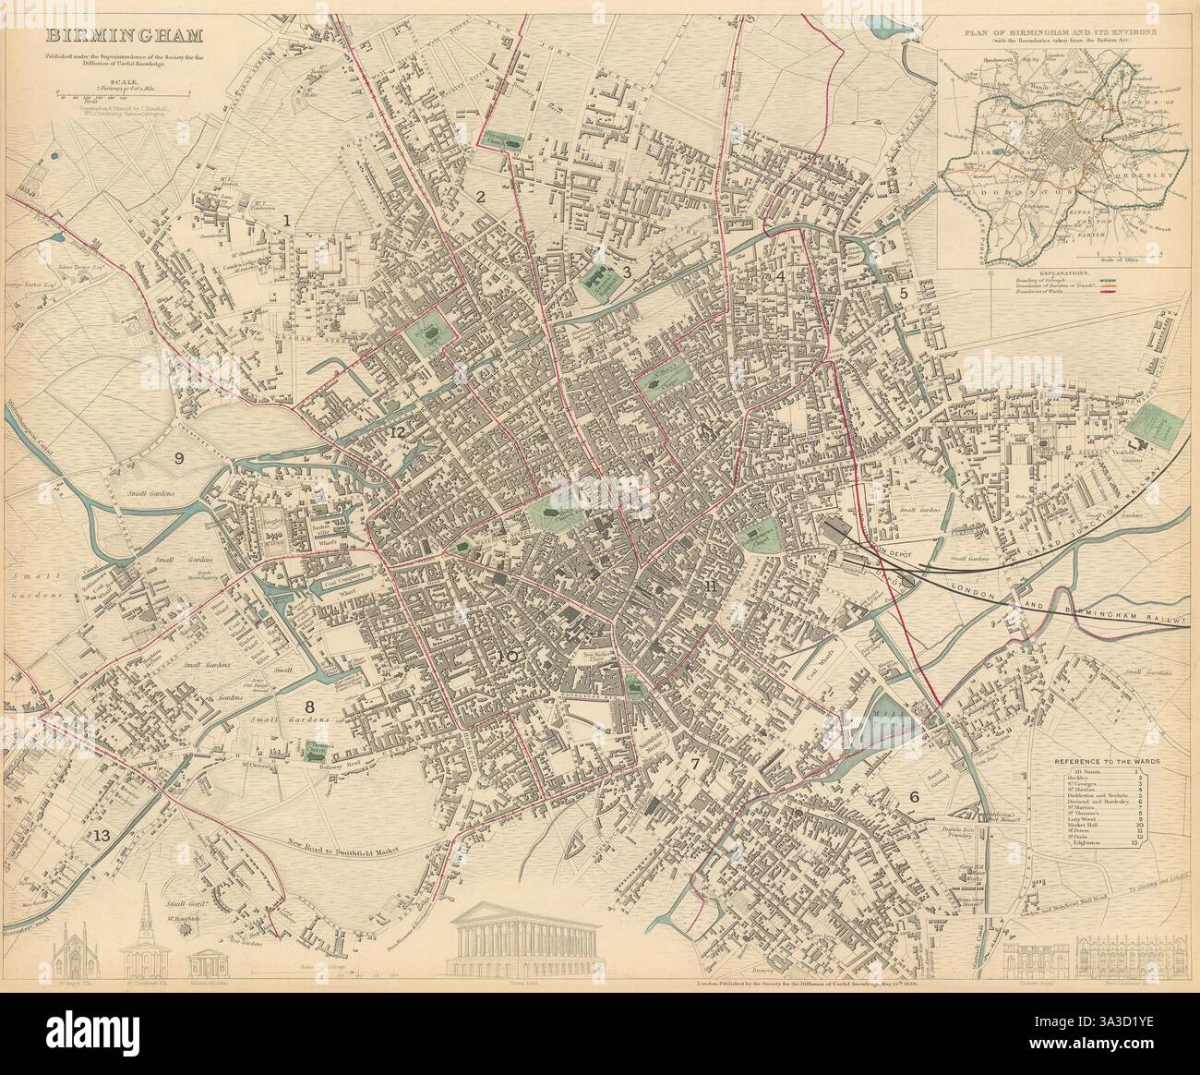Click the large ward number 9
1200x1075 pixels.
[x=179, y=456]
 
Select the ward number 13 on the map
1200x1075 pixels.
[x=101, y=837]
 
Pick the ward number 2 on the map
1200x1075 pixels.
[x=480, y=196]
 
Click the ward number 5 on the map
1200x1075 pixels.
[x=905, y=293]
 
